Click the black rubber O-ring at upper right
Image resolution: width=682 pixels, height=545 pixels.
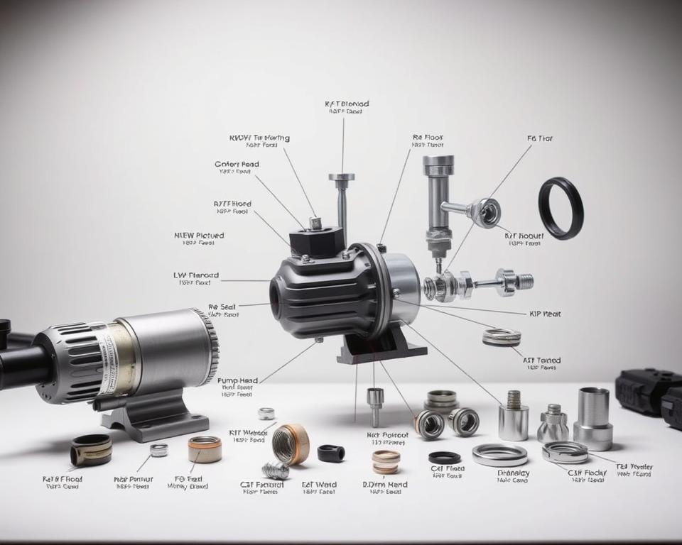point(561,208)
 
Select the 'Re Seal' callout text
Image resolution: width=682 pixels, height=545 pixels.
point(222,307)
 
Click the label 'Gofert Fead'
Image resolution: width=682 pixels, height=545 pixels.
point(237,164)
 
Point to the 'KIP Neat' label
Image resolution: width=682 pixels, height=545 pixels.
point(544,313)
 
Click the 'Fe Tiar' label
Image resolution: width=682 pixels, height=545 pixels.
point(540,139)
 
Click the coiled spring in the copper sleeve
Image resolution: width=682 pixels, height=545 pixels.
point(289,444)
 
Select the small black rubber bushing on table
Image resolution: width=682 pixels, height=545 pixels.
point(331,453)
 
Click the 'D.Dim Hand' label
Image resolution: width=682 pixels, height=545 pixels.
point(385,485)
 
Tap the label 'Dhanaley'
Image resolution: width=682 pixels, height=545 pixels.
point(513,473)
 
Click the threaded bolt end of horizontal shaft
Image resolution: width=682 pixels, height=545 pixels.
point(524,281)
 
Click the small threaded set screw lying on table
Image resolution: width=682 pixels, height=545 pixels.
point(275,470)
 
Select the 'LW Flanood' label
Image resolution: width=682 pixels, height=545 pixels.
point(195,275)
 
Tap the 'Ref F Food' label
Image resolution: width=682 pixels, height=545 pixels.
point(63,479)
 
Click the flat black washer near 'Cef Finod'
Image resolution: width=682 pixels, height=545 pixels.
point(444,457)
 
